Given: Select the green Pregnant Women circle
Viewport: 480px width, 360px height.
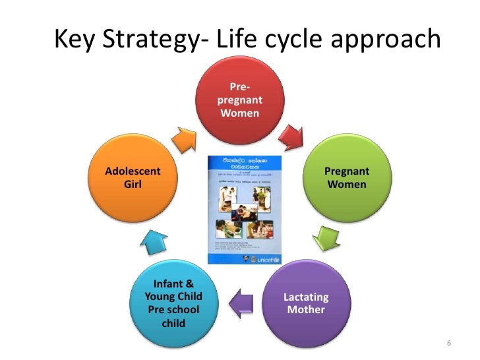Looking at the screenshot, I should [346, 178].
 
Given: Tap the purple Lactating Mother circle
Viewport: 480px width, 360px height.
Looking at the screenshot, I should [305, 303].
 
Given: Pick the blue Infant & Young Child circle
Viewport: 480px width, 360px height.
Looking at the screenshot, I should [173, 303].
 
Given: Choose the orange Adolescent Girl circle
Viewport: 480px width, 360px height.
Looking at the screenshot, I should [133, 178].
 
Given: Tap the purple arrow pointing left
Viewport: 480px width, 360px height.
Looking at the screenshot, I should [241, 302].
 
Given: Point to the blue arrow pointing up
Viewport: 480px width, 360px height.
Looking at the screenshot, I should [156, 242].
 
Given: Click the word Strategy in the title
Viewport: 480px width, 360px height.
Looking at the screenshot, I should [144, 41].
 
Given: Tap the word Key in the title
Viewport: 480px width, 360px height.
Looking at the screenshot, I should [73, 41].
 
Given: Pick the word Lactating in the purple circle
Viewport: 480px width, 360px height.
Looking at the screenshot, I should [306, 297].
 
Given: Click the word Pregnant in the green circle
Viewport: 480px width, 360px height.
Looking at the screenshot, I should [347, 171].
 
